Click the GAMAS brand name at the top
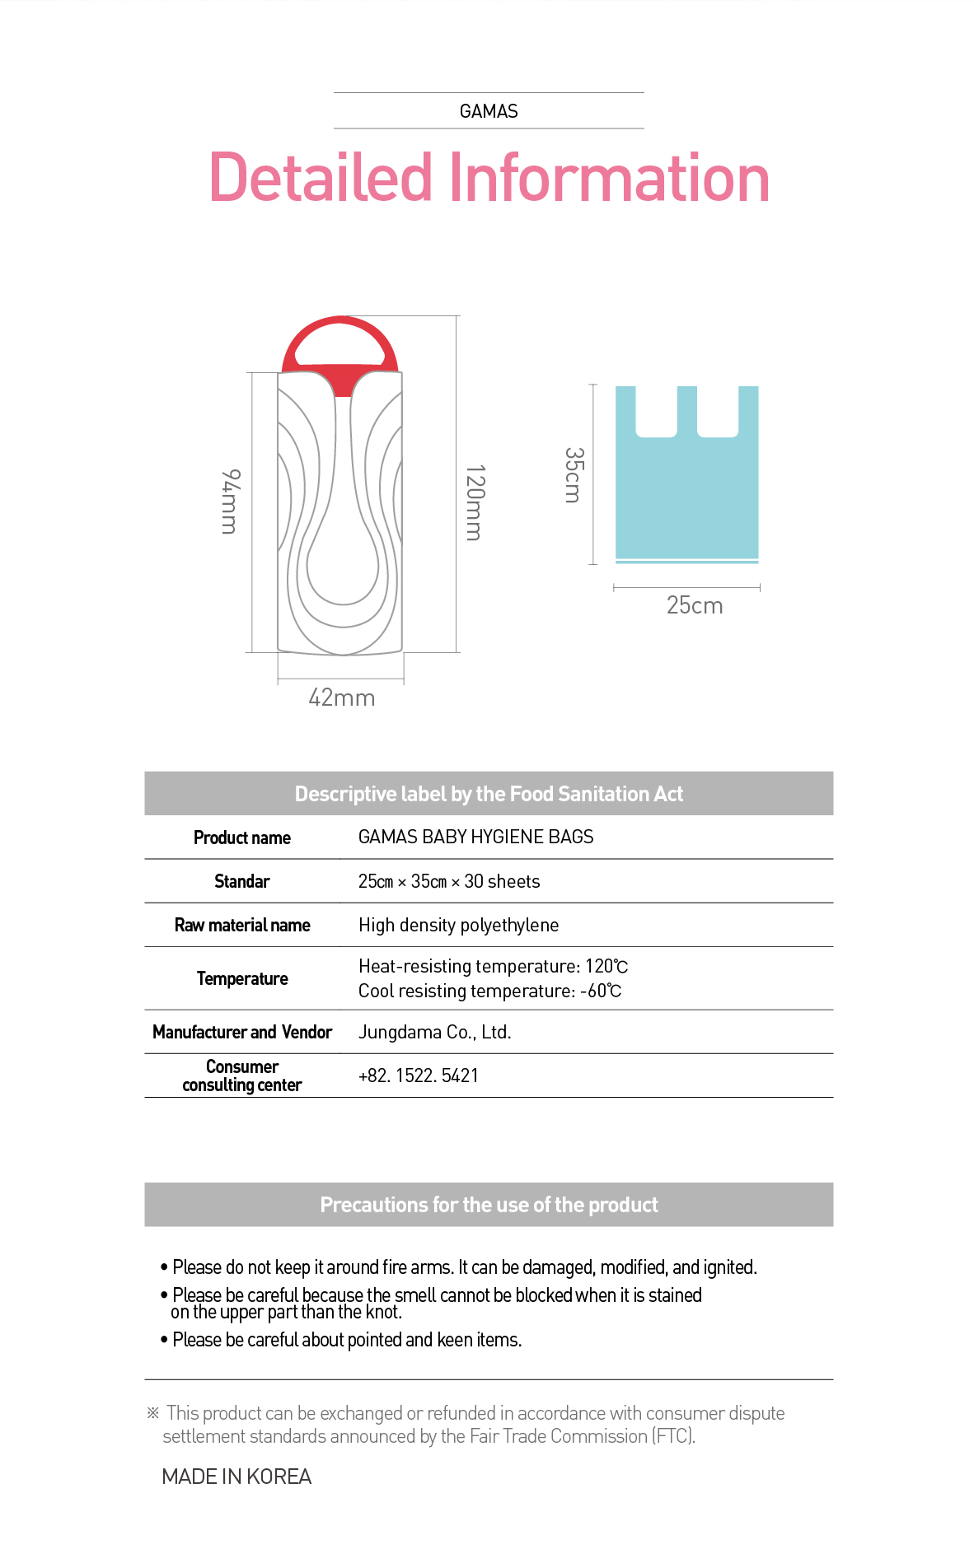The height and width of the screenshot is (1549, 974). [x=489, y=111]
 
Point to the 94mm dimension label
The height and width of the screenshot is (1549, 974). [x=231, y=502]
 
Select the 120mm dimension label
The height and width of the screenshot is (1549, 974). [x=475, y=502]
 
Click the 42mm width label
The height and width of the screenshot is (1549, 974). [x=341, y=698]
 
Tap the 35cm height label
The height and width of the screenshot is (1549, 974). [x=574, y=475]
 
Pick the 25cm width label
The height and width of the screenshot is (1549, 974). [x=694, y=605]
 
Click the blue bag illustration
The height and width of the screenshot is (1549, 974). [x=686, y=494]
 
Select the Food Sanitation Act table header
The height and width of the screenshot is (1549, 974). [x=489, y=794]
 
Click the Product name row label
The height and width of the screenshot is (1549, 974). [x=242, y=837]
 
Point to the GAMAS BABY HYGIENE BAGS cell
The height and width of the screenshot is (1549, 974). [x=475, y=837]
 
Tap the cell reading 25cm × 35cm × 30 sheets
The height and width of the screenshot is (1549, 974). [x=449, y=881]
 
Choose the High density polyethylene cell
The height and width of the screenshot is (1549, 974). [x=458, y=925]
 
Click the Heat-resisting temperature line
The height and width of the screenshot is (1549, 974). [x=493, y=966]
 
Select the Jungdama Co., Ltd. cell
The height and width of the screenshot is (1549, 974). [x=434, y=1032]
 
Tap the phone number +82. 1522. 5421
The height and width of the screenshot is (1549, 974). [x=418, y=1075]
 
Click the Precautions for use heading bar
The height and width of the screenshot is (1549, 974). [x=489, y=1205]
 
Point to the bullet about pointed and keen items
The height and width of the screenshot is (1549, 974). [x=346, y=1340]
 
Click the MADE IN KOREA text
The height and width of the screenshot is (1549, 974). [x=236, y=1477]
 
